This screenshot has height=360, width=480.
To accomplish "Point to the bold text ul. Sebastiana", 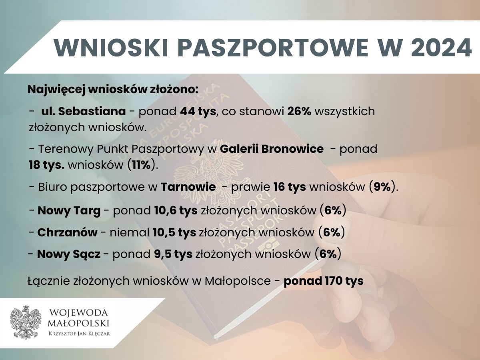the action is click(84, 111).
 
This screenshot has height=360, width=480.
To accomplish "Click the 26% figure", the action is click(299, 111).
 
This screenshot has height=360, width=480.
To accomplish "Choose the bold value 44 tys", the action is click(198, 112).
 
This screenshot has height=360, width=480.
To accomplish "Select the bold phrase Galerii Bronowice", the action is click(272, 149).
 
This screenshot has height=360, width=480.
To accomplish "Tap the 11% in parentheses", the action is click(142, 165).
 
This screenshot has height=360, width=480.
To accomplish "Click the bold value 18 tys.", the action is click(46, 165).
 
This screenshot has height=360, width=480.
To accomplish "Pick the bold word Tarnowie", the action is click(188, 187).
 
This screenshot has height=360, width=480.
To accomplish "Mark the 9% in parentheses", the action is click(382, 187).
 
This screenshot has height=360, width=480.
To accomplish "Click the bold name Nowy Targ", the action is click(69, 211).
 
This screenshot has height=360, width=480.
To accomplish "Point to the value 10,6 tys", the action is click(176, 211).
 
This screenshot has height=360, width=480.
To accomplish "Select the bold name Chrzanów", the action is click(67, 232).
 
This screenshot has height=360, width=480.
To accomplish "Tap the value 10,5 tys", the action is click(174, 232).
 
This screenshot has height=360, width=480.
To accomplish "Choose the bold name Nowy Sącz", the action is click(69, 254).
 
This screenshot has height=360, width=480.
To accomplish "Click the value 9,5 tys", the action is click(173, 254).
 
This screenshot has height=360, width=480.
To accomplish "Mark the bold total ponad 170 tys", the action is click(324, 281).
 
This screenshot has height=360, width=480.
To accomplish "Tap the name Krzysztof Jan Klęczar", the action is click(79, 334).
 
